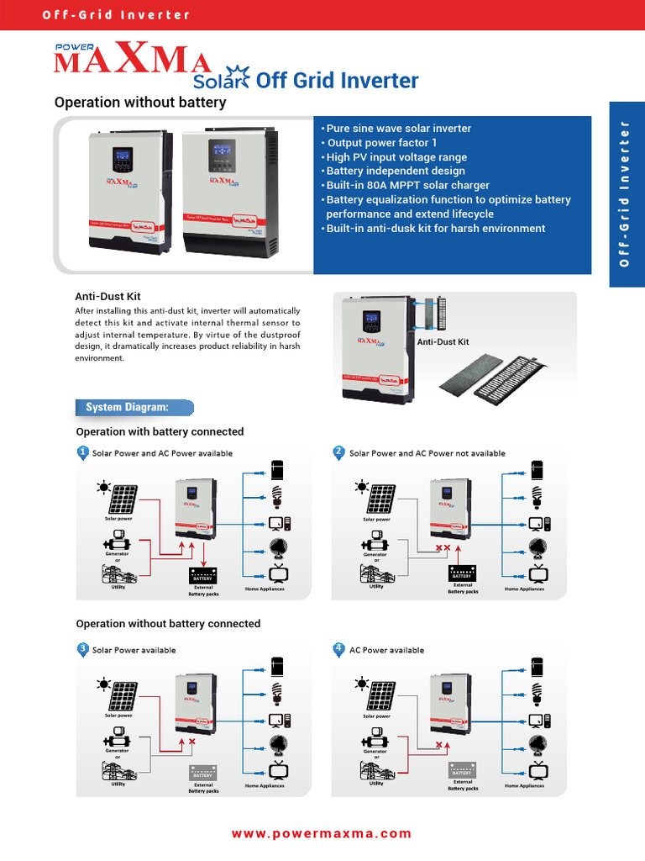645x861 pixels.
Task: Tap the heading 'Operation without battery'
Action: (140, 103)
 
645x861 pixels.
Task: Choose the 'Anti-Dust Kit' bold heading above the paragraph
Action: (107, 297)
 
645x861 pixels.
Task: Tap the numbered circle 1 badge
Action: (82, 452)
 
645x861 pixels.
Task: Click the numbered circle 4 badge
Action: (338, 649)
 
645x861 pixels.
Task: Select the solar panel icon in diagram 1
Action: (123, 499)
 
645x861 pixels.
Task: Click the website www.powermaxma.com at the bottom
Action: (322, 833)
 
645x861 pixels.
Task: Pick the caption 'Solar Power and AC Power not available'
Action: (427, 453)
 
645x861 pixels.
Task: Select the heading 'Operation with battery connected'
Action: (160, 431)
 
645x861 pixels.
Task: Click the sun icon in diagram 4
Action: (360, 684)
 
